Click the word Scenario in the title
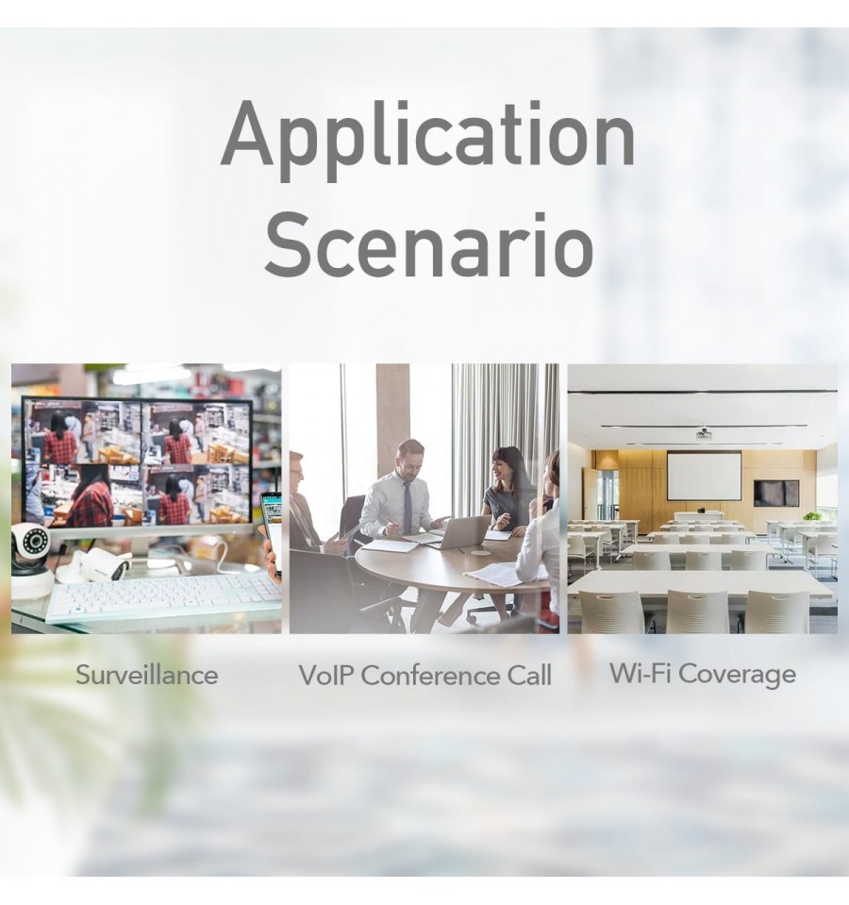point(429,244)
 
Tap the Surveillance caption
point(146,675)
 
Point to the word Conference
point(431,676)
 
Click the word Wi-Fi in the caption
point(639,673)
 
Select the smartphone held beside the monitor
point(271,531)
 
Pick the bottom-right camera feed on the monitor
point(196,494)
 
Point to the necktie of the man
point(408,506)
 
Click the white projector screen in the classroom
point(705,477)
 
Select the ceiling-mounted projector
point(703,433)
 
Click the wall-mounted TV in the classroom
point(776,493)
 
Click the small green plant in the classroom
point(812,516)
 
